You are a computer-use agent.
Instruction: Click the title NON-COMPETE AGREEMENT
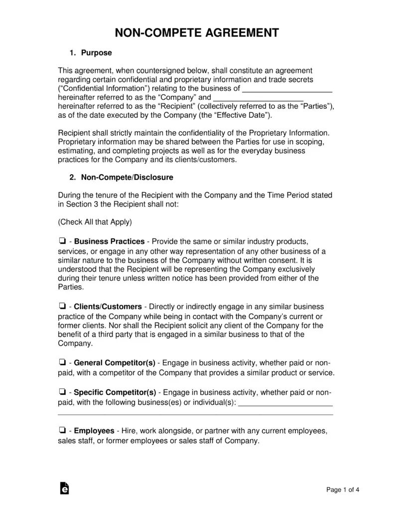click(x=197, y=33)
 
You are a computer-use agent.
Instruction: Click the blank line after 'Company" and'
click(x=258, y=98)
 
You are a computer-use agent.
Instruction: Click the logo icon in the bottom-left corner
click(x=64, y=489)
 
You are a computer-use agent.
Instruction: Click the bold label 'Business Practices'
click(x=110, y=242)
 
